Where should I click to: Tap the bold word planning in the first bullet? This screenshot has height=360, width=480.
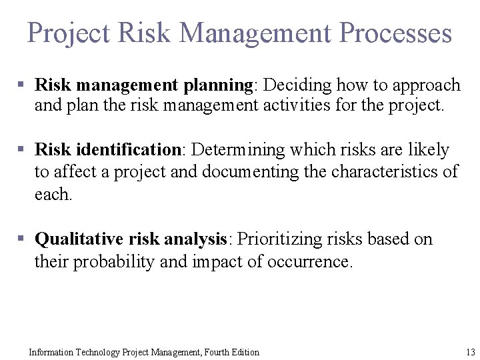pyautogui.click(x=217, y=85)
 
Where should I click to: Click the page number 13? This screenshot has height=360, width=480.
pyautogui.click(x=470, y=352)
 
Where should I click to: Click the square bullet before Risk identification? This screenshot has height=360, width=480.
pyautogui.click(x=21, y=150)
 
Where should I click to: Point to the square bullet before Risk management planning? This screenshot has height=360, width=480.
pyautogui.click(x=21, y=85)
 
